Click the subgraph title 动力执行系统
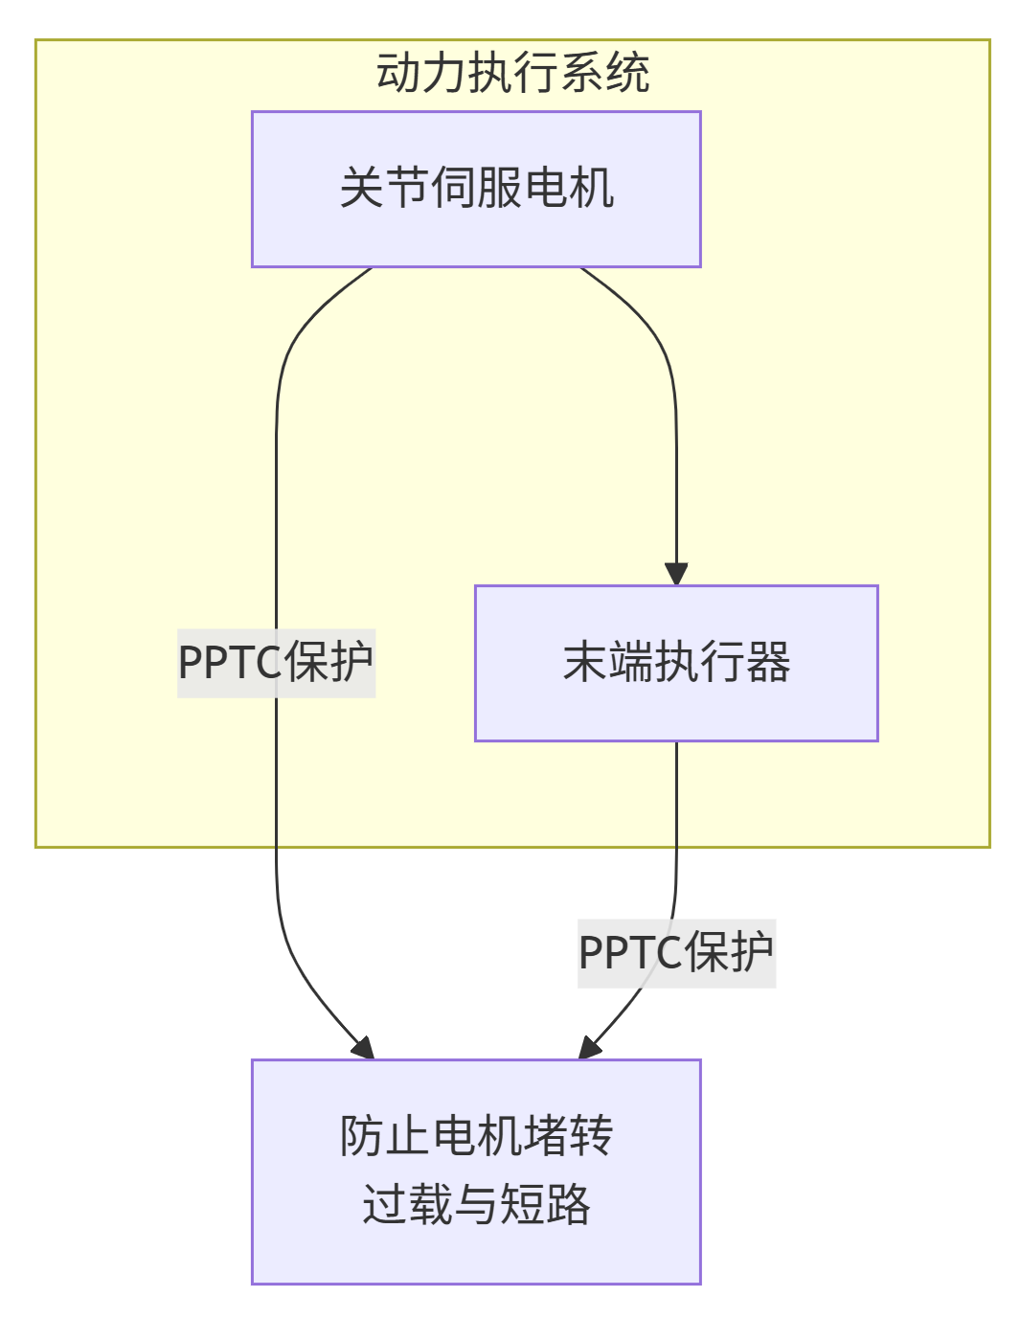(x=512, y=73)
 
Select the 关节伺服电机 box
(x=476, y=189)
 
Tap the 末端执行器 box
(x=676, y=663)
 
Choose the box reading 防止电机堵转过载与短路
(x=476, y=1171)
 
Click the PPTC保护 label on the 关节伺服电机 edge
(x=276, y=663)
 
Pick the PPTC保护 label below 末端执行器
(x=676, y=953)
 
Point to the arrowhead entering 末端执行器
(x=676, y=574)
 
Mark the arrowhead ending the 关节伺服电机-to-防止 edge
(x=363, y=1049)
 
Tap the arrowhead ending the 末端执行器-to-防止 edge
(x=589, y=1049)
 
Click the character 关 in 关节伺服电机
(x=362, y=188)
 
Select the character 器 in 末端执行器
(x=768, y=663)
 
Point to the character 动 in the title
(x=398, y=73)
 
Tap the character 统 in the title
(x=628, y=73)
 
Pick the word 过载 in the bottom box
(x=408, y=1204)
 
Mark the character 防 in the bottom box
(x=362, y=1136)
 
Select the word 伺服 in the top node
(x=476, y=188)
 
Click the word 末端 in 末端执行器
(x=607, y=663)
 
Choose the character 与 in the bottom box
(x=476, y=1204)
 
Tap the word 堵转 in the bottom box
(x=567, y=1136)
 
